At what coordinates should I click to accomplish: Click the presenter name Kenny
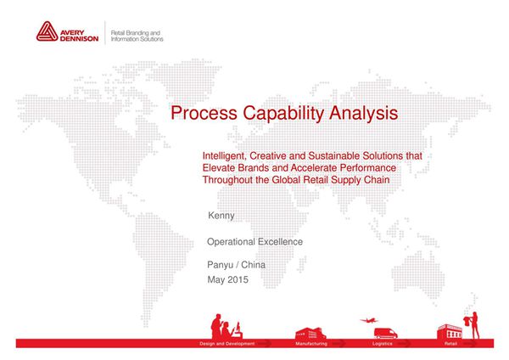221,217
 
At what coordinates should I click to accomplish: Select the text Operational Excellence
255,242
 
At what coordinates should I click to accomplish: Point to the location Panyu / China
236,265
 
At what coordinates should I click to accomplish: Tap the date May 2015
227,280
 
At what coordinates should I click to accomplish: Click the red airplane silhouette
368,320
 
